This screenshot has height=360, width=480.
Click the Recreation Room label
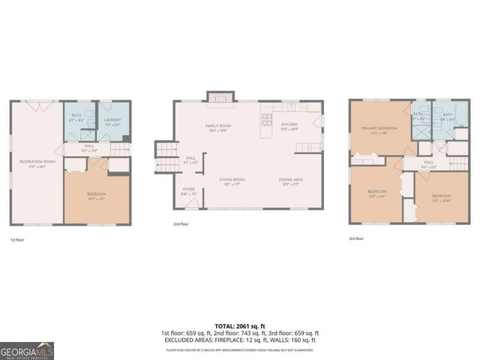(36, 163)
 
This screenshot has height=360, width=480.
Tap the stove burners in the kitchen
(266, 117)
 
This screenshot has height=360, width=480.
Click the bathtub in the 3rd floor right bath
(460, 118)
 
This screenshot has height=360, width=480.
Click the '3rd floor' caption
(356, 238)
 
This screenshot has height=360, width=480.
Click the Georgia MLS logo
(27, 350)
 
